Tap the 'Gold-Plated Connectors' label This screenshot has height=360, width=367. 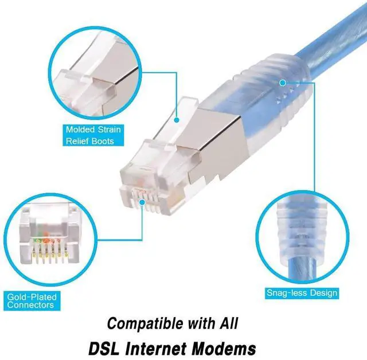point(30,301)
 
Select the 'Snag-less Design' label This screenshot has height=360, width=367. point(302,293)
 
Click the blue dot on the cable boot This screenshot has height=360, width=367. point(282,83)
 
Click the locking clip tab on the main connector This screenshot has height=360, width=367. point(183,115)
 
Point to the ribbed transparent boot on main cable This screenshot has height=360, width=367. point(275,92)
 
